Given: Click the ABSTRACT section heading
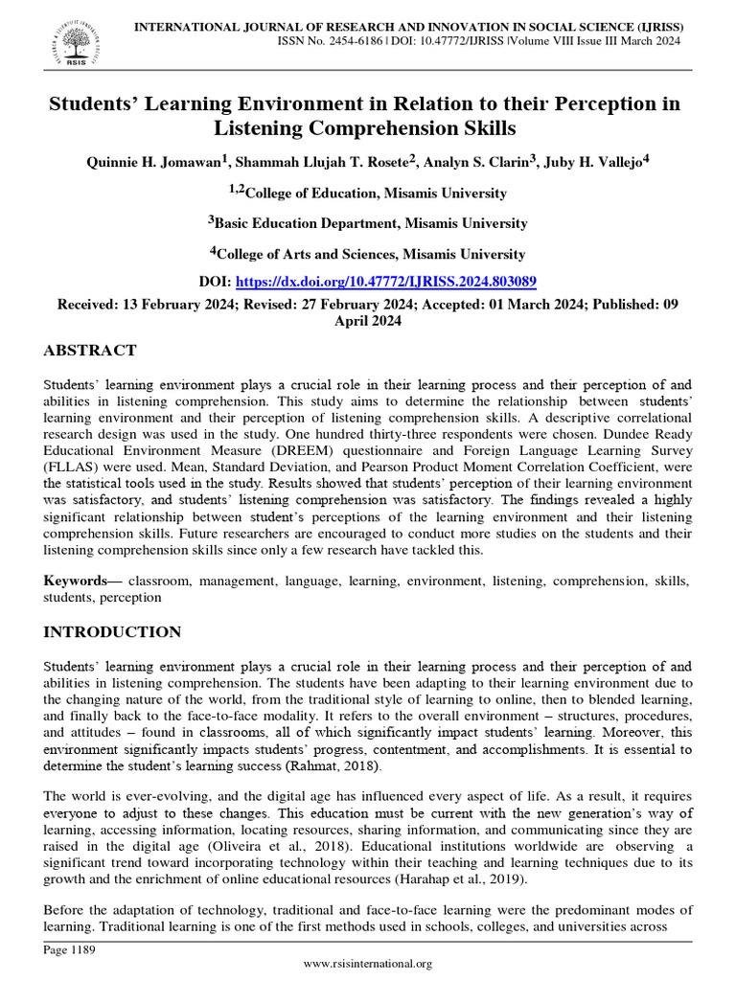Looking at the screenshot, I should click(x=90, y=350).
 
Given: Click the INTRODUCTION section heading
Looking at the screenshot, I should click(x=112, y=631).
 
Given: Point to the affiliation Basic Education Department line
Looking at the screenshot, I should click(x=368, y=222).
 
